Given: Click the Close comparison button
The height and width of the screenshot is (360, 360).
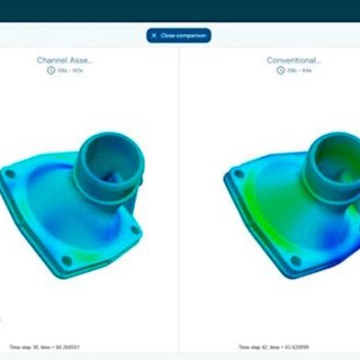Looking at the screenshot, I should pyautogui.click(x=180, y=36).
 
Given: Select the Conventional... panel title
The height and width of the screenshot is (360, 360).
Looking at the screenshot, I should pyautogui.click(x=293, y=60).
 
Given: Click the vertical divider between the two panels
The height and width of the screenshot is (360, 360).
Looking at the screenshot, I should pyautogui.click(x=179, y=202).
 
